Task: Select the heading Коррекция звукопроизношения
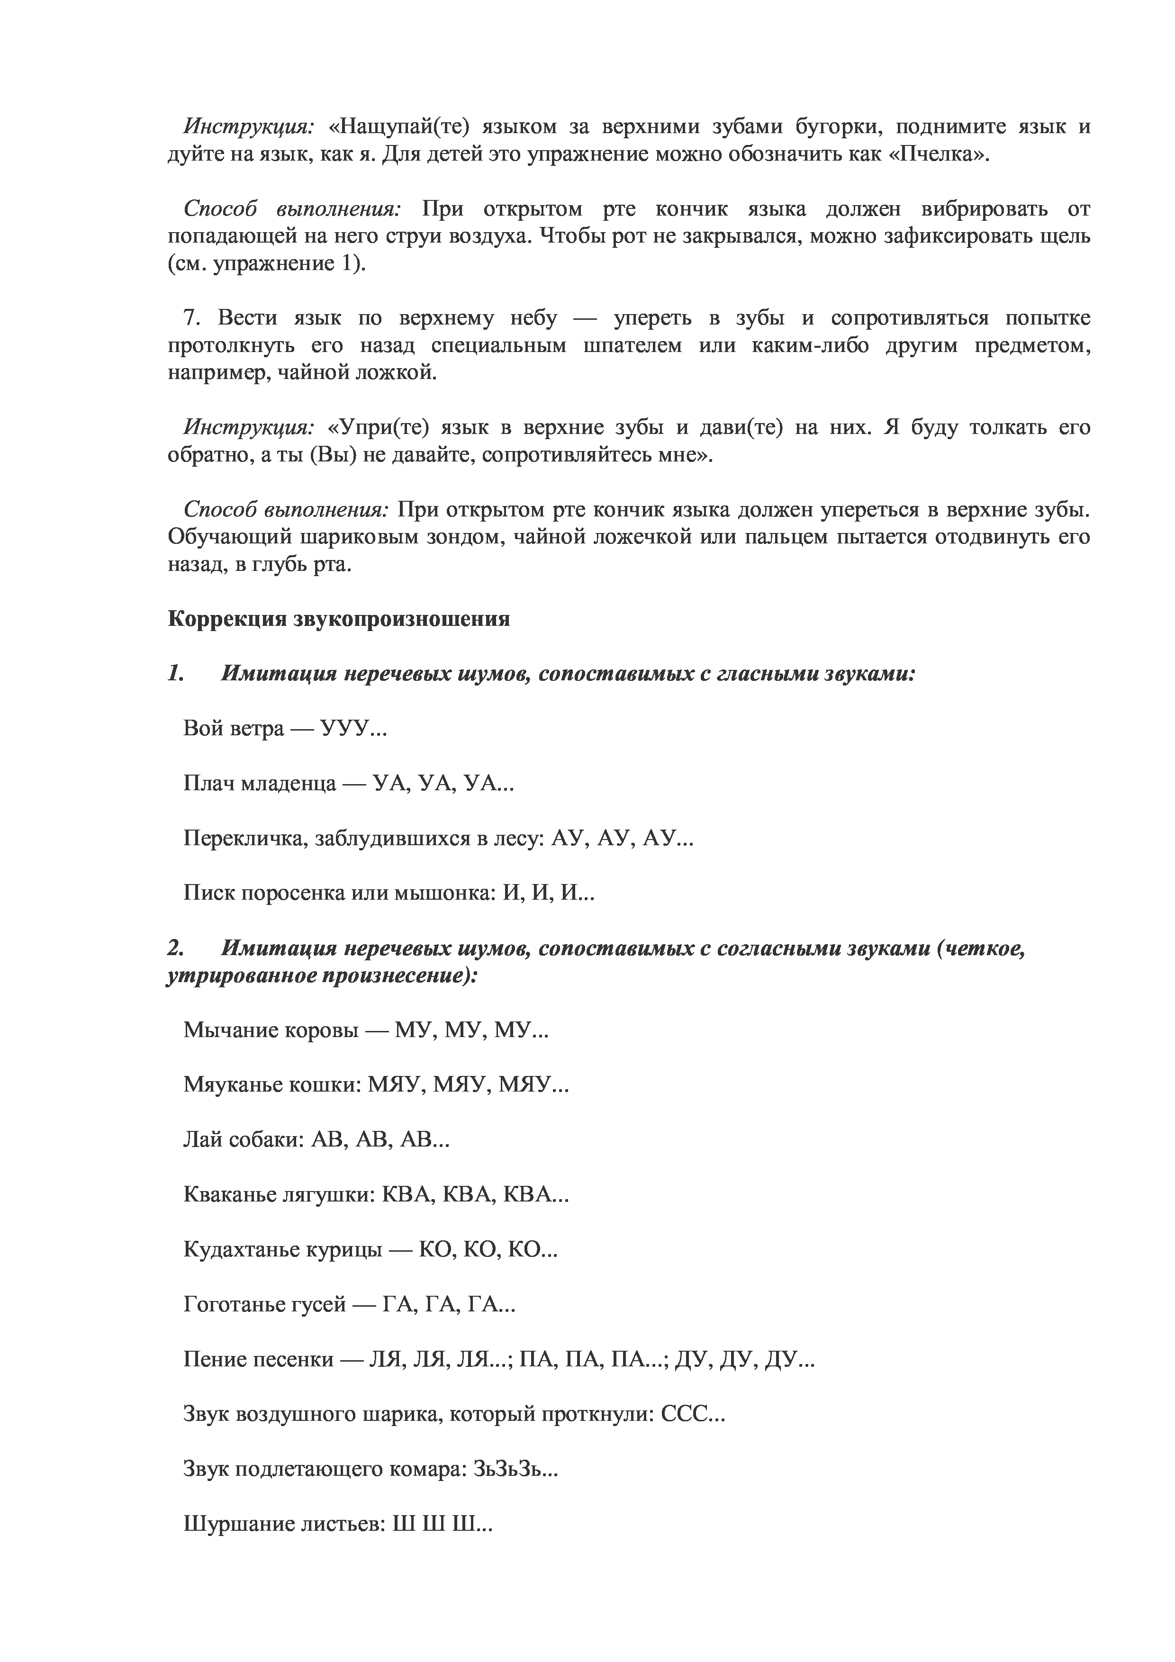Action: tap(339, 619)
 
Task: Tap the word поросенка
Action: tap(292, 893)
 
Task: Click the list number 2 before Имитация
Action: tap(174, 948)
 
